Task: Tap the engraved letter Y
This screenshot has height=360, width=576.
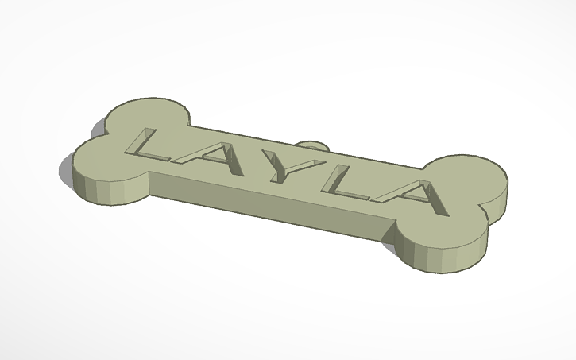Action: click(277, 168)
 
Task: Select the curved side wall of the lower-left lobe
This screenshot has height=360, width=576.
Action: click(103, 187)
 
